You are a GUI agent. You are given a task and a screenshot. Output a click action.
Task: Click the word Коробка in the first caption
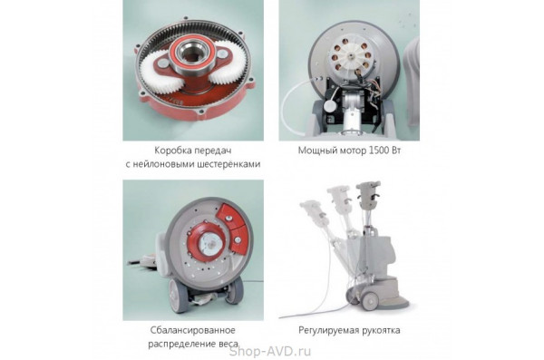tap(172, 151)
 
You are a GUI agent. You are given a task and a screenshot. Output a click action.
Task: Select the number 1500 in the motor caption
tap(378, 151)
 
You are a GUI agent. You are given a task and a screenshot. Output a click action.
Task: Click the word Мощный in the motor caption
tap(315, 151)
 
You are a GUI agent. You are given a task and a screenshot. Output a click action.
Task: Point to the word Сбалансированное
tap(192, 330)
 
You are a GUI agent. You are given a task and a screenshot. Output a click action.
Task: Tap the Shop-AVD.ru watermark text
tap(270, 351)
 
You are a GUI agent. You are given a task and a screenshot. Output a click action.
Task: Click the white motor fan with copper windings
tap(349, 57)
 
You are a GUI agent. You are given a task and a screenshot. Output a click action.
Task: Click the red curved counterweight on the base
tap(232, 226)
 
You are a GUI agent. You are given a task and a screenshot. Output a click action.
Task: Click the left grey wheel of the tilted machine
tap(179, 296)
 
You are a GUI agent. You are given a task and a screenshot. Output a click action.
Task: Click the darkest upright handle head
tap(368, 195)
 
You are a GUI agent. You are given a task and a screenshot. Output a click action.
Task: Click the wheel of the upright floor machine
tap(370, 301)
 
